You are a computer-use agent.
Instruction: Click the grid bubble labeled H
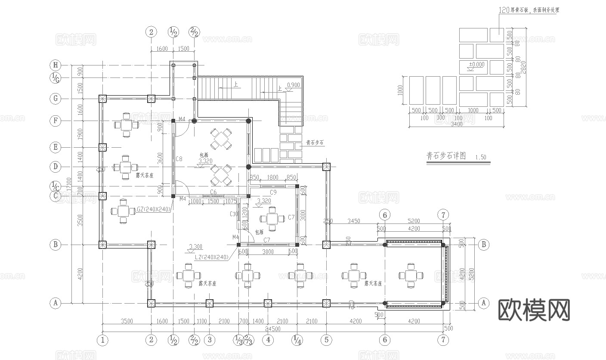[55, 65]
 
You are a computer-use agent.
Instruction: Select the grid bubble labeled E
[55, 147]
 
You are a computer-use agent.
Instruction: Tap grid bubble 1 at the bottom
[102, 340]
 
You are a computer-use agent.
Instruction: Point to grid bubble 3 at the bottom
[209, 340]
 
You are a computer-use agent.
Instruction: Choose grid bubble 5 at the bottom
[326, 340]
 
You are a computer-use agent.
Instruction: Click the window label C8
[179, 159]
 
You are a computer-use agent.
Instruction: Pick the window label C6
[213, 192]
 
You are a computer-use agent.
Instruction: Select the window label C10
[234, 214]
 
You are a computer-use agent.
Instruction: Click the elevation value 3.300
[196, 247]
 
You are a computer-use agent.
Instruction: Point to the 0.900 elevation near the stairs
[293, 85]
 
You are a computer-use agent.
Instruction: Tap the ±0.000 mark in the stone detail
[477, 65]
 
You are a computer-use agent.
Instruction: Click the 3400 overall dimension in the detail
[456, 124]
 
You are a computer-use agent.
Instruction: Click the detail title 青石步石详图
[446, 156]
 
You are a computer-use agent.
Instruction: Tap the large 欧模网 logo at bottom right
[534, 310]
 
